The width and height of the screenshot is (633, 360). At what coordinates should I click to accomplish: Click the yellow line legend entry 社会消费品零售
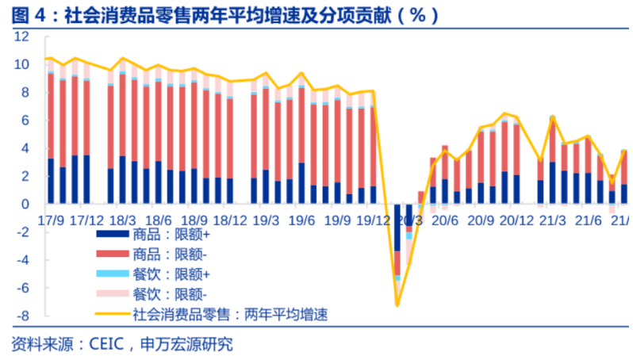click(230, 314)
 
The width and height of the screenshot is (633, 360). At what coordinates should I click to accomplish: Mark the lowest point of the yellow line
click(397, 304)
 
